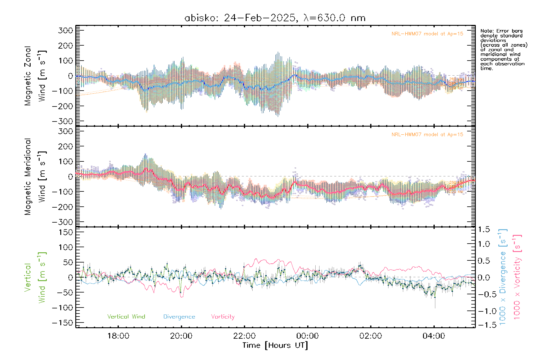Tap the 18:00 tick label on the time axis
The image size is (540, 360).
(x=118, y=336)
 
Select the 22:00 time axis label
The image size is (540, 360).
(x=244, y=336)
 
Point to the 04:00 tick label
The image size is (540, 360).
(x=434, y=336)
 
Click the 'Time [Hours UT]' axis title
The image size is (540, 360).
(x=275, y=345)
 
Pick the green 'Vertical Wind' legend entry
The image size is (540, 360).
(x=126, y=316)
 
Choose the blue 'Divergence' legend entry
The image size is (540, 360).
(x=179, y=316)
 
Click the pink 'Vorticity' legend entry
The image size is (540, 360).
(x=223, y=316)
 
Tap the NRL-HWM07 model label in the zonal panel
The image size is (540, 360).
(x=427, y=34)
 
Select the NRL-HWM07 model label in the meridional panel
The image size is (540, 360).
(x=427, y=135)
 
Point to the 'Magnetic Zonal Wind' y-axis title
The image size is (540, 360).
(x=35, y=76)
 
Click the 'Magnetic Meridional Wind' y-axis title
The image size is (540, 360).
(x=35, y=177)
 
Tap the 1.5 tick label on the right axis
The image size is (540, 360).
(x=484, y=229)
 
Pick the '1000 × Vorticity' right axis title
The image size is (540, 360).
(x=517, y=277)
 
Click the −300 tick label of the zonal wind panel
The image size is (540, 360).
(x=62, y=121)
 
